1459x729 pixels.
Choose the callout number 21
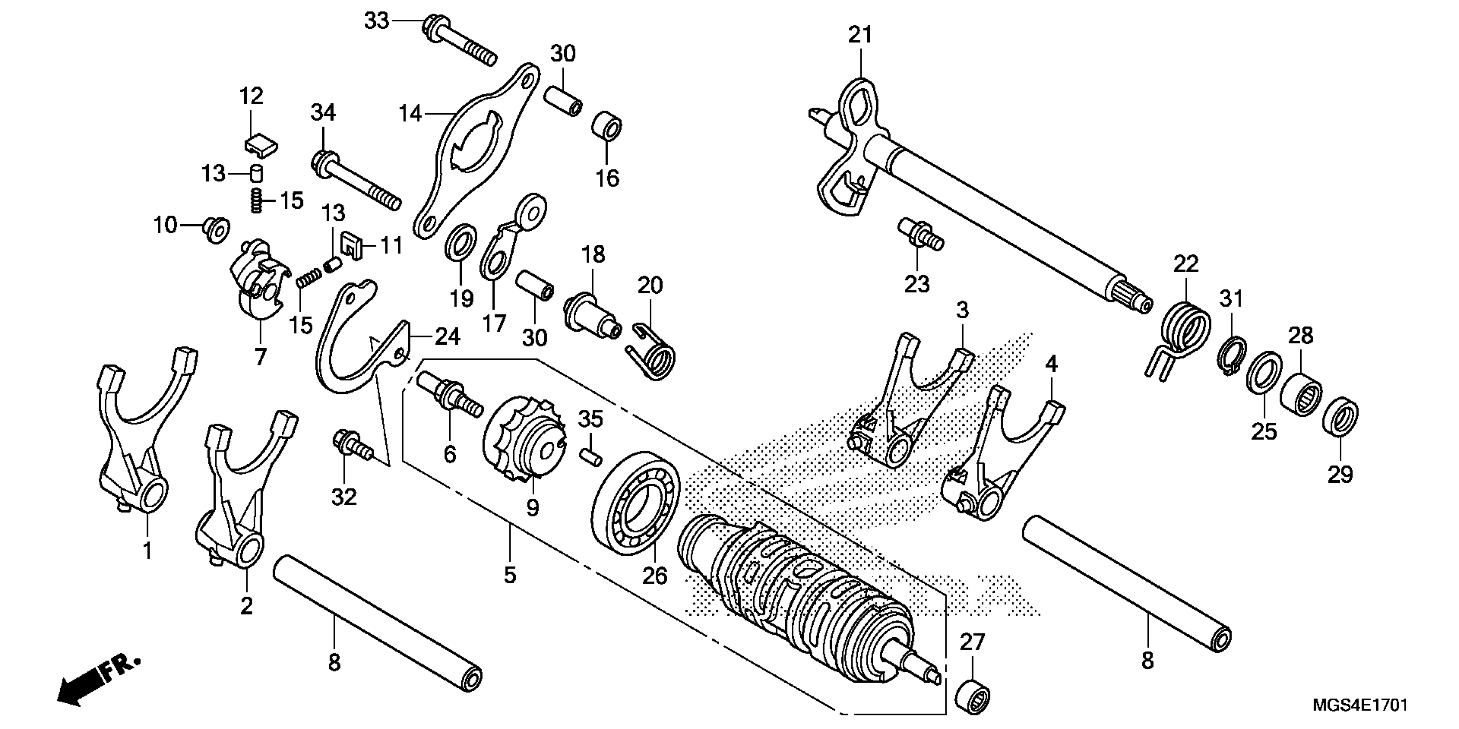click(x=860, y=35)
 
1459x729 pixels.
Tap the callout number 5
click(x=510, y=575)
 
